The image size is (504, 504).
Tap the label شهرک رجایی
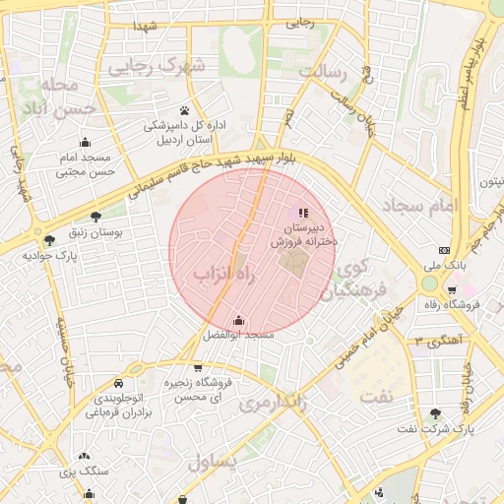pyautogui.click(x=157, y=67)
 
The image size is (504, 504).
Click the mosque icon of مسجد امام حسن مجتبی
pyautogui.click(x=85, y=142)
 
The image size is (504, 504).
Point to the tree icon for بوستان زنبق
pyautogui.click(x=95, y=217)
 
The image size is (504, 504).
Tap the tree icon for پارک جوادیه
pyautogui.click(x=49, y=239)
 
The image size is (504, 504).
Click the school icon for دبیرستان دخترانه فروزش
pyautogui.click(x=302, y=213)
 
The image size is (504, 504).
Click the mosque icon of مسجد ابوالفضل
pyautogui.click(x=238, y=320)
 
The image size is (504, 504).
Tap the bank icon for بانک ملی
pyautogui.click(x=444, y=250)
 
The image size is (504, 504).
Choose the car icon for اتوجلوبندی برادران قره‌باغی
pyautogui.click(x=118, y=382)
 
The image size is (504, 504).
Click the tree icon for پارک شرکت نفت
pyautogui.click(x=436, y=413)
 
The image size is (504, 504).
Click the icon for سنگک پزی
pyautogui.click(x=84, y=456)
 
